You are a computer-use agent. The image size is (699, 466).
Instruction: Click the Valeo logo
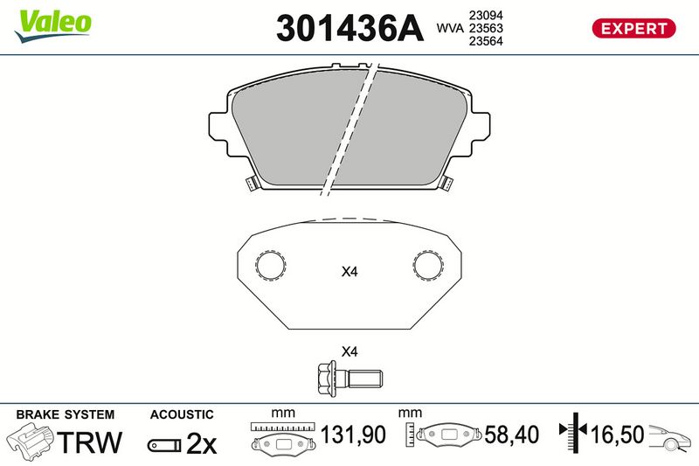[52, 26]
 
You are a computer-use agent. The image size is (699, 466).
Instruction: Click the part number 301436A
[349, 28]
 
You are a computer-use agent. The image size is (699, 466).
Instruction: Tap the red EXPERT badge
[633, 28]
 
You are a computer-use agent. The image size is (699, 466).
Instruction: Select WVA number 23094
[486, 15]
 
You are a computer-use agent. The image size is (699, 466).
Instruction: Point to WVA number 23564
[486, 41]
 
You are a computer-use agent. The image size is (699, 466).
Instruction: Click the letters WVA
[450, 28]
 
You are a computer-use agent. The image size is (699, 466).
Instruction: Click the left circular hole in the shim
[271, 265]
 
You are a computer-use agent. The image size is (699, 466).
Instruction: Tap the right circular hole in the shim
[428, 265]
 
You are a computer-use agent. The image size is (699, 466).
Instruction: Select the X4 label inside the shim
[349, 271]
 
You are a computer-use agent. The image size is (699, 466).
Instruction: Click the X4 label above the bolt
[349, 351]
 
